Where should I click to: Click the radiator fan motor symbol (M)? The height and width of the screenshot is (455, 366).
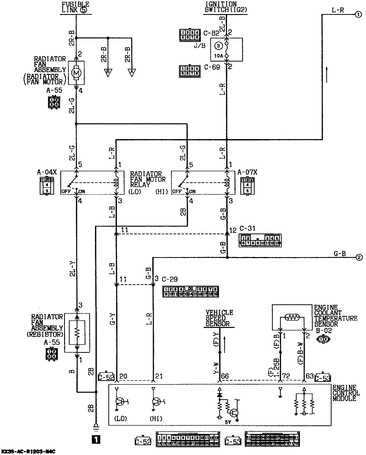(76, 73)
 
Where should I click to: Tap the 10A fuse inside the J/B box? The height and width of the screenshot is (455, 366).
(226, 49)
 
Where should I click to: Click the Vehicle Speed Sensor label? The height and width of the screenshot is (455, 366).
(219, 318)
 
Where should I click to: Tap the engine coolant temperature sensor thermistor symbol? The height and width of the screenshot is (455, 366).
(292, 318)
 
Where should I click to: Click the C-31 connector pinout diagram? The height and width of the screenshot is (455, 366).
(260, 241)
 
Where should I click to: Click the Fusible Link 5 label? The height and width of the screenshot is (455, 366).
(75, 7)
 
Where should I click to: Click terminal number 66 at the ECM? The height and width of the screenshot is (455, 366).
(225, 376)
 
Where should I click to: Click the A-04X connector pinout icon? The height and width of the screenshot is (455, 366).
(47, 185)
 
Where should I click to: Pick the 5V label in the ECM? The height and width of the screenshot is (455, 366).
(227, 422)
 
